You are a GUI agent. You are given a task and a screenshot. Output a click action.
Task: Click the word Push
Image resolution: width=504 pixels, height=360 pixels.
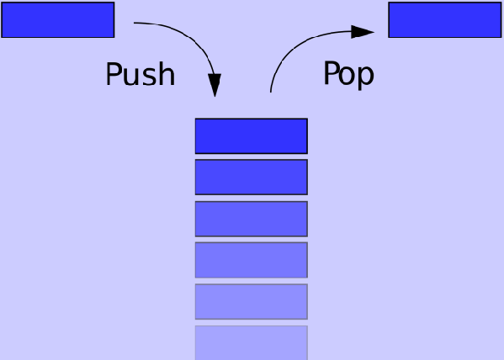click(141, 74)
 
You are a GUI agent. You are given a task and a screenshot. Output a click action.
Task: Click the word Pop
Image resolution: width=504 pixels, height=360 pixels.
click(348, 75)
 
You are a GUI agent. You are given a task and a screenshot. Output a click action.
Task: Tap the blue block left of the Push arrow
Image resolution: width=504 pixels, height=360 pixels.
click(58, 20)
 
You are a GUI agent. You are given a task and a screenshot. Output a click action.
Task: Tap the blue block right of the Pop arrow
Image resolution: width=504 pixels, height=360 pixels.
click(445, 20)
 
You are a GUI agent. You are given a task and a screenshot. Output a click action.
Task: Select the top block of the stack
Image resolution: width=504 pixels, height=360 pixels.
click(252, 136)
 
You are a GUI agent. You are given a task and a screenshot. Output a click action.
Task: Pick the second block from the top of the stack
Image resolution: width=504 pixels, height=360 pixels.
click(252, 177)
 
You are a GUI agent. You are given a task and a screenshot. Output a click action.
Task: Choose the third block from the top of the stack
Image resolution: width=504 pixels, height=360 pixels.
click(252, 219)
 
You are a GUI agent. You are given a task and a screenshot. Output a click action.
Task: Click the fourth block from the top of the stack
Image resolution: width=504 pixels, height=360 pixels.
click(252, 260)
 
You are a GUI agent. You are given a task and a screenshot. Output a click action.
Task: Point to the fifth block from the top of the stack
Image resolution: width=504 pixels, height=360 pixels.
click(252, 301)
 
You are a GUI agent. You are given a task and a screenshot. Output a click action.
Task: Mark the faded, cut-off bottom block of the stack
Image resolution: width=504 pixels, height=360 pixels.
click(252, 342)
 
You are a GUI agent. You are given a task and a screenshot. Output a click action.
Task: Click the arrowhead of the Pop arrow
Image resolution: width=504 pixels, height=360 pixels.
click(363, 32)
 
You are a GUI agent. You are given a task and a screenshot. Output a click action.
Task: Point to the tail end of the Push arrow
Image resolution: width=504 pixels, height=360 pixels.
click(134, 23)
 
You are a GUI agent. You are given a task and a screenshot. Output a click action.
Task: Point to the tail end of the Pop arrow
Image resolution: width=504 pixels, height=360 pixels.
click(271, 92)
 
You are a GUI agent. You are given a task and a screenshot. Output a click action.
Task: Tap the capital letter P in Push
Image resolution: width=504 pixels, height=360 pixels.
click(114, 74)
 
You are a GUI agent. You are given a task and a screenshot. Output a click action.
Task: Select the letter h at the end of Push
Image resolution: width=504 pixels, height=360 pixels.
click(167, 74)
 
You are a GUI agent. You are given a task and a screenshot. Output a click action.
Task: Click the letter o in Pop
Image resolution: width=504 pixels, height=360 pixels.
click(347, 76)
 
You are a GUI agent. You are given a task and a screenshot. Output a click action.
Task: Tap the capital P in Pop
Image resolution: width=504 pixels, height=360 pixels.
click(331, 73)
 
